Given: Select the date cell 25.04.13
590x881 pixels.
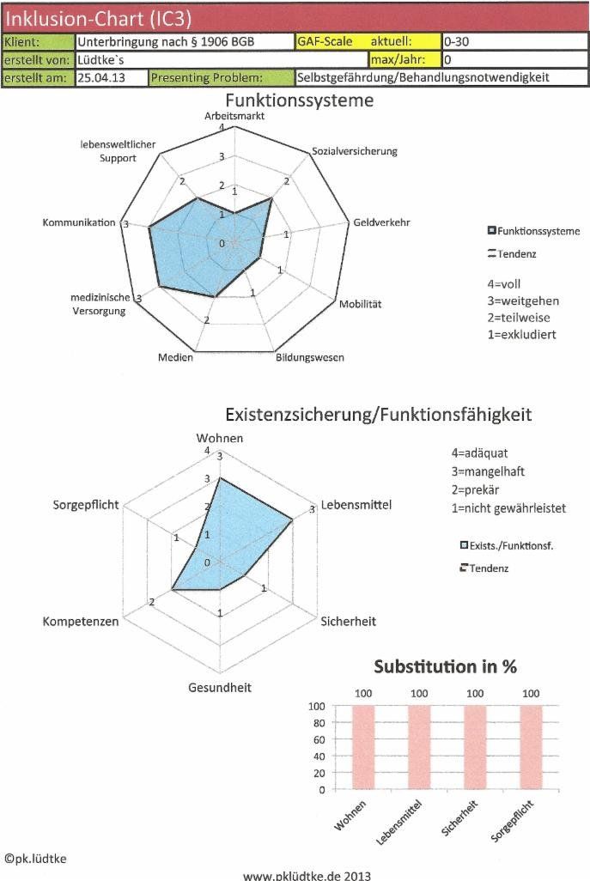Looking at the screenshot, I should (99, 77).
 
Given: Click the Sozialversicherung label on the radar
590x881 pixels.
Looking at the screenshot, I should (355, 151).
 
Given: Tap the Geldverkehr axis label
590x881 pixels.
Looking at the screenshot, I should (381, 222).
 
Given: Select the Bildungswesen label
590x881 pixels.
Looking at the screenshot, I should (310, 356).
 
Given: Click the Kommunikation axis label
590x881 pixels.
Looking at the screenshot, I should (78, 223).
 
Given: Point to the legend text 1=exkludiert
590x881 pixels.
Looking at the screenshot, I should (521, 334).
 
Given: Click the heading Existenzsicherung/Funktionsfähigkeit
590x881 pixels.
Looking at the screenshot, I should (378, 415).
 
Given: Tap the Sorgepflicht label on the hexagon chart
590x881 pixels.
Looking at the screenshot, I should (86, 504).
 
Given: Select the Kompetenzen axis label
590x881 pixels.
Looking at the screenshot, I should (81, 621).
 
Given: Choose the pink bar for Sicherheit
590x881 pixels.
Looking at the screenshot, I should (475, 746).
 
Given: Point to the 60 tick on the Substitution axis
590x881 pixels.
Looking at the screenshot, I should (318, 740).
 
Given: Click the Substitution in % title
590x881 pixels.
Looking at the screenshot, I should (445, 666).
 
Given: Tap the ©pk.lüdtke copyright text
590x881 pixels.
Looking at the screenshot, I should (35, 857).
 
